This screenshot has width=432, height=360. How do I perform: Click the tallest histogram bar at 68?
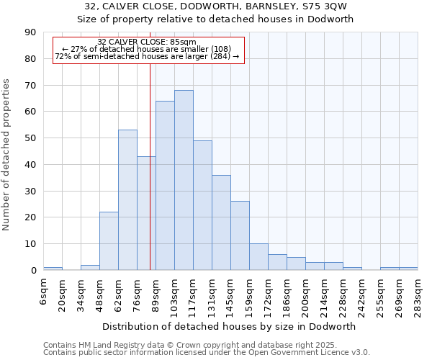[184, 180]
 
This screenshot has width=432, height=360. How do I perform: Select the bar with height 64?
[165, 186]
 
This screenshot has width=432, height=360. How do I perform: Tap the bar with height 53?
[127, 200]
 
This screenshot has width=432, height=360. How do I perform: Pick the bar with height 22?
[109, 241]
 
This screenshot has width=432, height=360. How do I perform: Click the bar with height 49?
[202, 205]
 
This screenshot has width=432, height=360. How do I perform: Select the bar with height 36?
[221, 222]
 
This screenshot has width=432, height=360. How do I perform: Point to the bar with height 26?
[240, 235]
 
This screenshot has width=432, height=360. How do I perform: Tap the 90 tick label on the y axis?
[31, 32]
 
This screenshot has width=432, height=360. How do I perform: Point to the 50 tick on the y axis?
[31, 138]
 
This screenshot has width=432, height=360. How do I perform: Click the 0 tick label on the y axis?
[34, 271]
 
